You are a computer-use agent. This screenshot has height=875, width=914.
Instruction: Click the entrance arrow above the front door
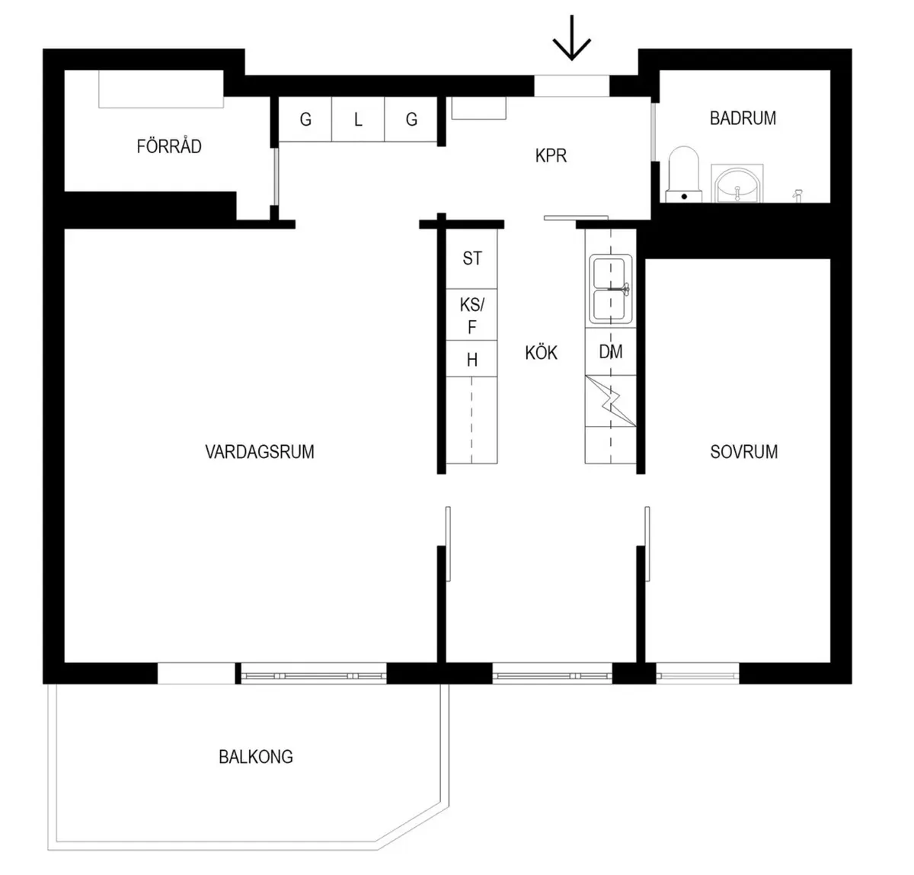pos(571,37)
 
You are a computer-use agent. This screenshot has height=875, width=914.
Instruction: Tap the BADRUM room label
pos(743,118)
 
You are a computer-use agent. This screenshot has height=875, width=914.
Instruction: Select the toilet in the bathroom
pos(684,175)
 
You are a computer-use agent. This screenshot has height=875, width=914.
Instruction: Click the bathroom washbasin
pos(737,184)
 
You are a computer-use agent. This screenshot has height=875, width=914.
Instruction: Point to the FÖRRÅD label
pos(169,146)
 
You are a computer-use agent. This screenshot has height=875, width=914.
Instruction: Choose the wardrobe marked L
pos(358,120)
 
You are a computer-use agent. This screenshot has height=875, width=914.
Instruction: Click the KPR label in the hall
pos(551,156)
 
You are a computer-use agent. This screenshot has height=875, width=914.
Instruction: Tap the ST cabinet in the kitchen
pos(471,259)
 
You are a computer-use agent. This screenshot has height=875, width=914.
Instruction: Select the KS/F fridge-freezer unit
pos(471,315)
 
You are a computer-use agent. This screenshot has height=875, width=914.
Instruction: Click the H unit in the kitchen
pos(471,359)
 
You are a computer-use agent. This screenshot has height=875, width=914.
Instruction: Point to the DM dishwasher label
pos(611,351)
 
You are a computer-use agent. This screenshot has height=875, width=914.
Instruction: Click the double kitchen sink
pos(611,289)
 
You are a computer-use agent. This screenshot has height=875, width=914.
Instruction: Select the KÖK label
pos(541,353)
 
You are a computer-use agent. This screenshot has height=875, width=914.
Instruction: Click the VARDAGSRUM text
pos(260,452)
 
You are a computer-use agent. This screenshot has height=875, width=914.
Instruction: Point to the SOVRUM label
pos(744,452)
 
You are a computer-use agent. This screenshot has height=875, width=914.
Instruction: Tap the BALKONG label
pos(256,757)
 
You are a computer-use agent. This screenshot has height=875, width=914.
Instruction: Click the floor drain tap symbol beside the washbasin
pos(797,195)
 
